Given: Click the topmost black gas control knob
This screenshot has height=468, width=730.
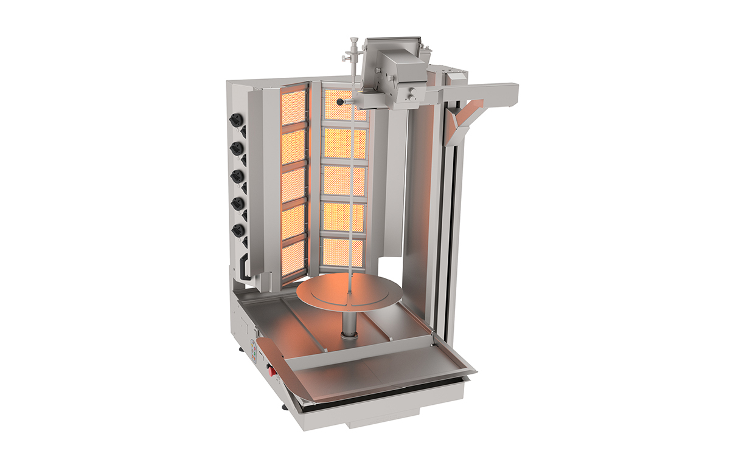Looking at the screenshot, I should click(x=235, y=121).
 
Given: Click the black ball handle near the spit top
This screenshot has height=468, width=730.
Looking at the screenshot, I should click(x=341, y=102).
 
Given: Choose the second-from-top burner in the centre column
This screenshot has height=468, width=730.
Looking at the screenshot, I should click(x=344, y=143).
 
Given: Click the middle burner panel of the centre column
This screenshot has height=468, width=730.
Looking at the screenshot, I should click(x=344, y=181).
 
